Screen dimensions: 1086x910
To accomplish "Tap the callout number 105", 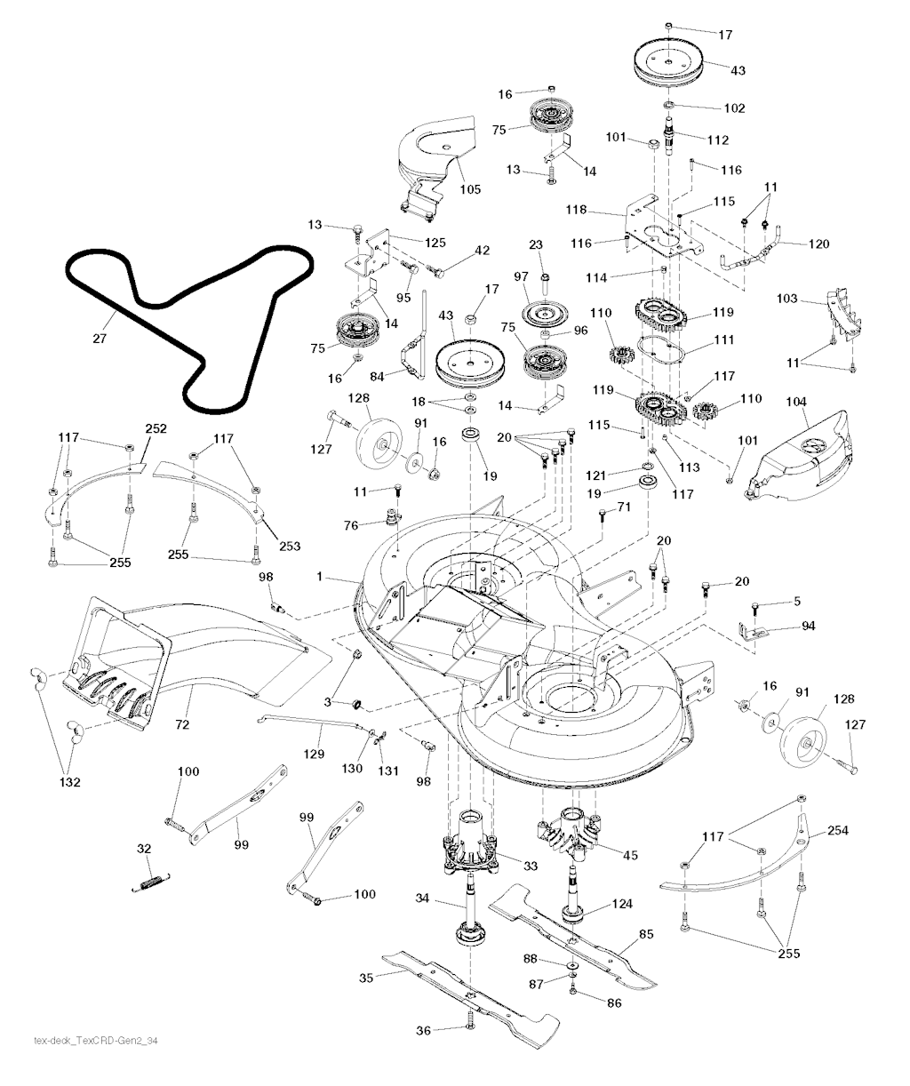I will (x=470, y=188).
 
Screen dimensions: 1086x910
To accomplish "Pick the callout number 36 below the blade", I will (x=424, y=1030).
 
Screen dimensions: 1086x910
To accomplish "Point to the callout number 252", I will (x=156, y=428).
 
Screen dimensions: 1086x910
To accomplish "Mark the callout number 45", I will (x=631, y=856).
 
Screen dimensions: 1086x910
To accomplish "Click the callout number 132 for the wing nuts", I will (x=70, y=782).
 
